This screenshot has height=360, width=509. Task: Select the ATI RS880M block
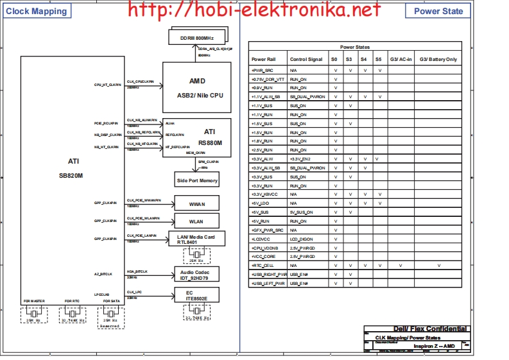point(197,137)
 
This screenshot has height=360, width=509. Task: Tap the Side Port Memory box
point(197,180)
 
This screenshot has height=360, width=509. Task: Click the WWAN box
point(197,203)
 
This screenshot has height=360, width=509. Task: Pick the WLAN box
point(197,221)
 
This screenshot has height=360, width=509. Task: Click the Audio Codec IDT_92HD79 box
point(197,274)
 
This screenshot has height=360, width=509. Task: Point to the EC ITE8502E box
point(197,295)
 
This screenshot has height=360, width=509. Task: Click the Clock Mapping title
point(37,11)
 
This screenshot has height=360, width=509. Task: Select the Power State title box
point(438,11)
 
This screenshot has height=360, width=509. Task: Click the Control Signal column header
point(306,59)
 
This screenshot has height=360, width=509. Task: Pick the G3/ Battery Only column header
point(438,59)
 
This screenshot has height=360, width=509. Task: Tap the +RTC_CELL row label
point(263,265)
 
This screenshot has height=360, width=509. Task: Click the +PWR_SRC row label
point(263,70)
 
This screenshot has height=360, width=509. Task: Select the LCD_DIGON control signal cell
point(302,239)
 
